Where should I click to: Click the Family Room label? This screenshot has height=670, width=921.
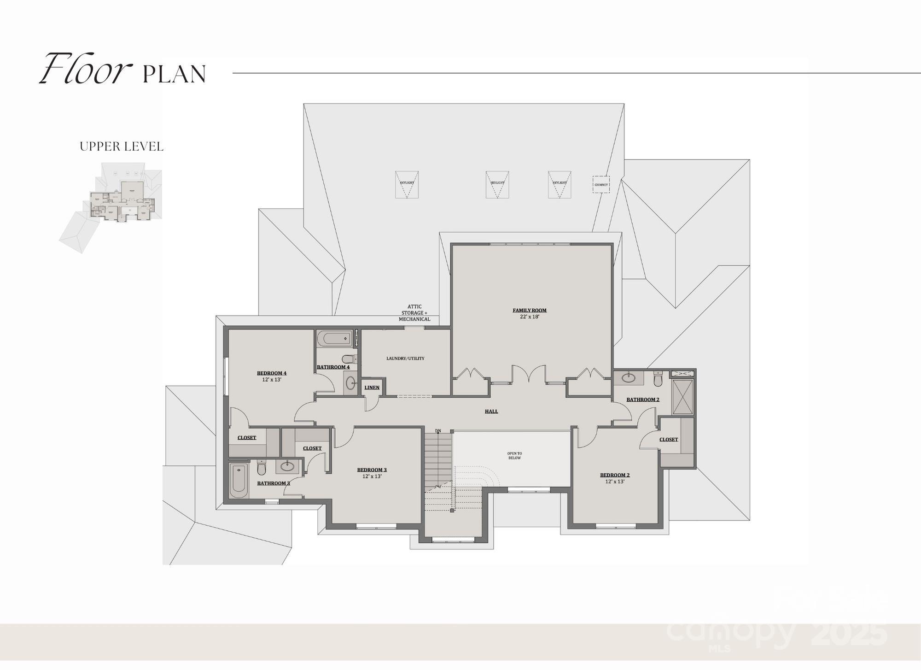tap(530, 311)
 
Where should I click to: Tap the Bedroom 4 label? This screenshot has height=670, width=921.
tap(272, 373)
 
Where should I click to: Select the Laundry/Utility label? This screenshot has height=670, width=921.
tap(405, 359)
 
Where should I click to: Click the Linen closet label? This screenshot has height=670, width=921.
tap(372, 388)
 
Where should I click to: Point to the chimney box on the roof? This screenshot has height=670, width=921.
tap(601, 184)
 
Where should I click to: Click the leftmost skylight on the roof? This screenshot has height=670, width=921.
tap(407, 184)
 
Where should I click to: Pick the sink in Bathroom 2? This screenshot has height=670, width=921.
tap(628, 378)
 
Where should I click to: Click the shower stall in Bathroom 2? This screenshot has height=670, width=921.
tap(682, 397)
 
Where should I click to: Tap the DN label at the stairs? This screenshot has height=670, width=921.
tap(438, 431)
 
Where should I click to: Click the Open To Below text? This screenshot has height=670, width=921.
tap(514, 456)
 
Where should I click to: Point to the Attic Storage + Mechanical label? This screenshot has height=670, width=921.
tap(414, 313)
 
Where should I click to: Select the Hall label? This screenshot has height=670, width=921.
tap(491, 411)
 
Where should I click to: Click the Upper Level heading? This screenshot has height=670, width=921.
tap(122, 147)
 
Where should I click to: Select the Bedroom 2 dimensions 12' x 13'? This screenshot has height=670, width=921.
tap(614, 482)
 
